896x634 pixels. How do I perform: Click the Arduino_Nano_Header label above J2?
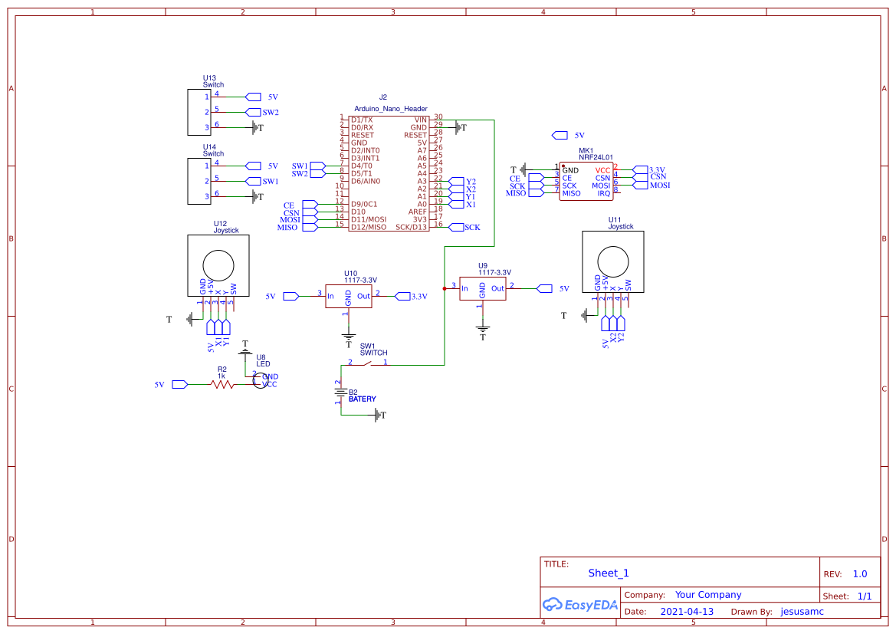pos(391,109)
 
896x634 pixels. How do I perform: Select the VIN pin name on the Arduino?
pos(420,120)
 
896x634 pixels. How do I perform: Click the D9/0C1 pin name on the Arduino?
pos(364,204)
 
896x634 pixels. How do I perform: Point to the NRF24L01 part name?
pos(596,157)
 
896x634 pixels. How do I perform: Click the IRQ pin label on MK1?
pos(603,194)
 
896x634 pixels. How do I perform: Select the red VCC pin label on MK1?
pos(602,169)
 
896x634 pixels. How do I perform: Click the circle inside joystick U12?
pos(218,265)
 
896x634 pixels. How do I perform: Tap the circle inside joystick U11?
pos(613,261)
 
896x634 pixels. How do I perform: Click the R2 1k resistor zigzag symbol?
pos(223,384)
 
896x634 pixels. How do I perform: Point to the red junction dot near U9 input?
pos(445,288)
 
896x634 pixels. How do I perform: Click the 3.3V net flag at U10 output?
pos(403,296)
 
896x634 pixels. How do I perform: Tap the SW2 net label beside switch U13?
pos(271,113)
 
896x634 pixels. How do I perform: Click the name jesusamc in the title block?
pos(802,612)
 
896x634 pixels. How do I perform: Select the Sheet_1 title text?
pos(609,573)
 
